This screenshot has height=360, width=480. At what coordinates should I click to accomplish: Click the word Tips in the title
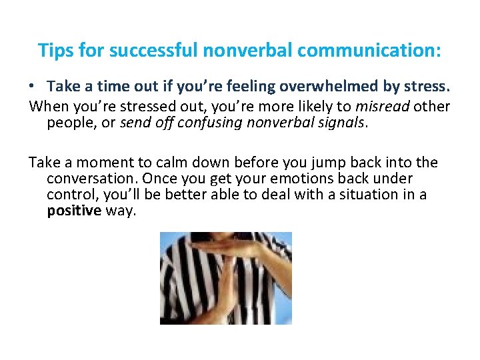tap(53, 51)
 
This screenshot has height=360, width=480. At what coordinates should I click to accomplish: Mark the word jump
tap(308, 163)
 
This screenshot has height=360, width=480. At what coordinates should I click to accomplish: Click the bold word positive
tap(73, 211)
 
